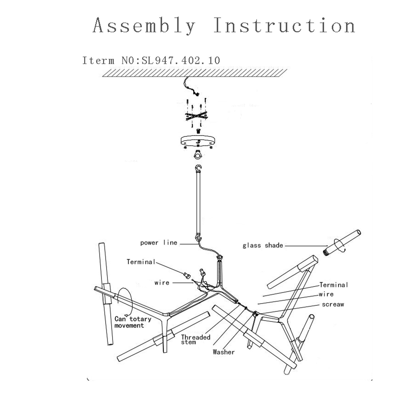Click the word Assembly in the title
pyautogui.click(x=144, y=26)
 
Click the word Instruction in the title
pyautogui.click(x=284, y=26)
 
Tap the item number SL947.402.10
pyautogui.click(x=181, y=60)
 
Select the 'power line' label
pyautogui.click(x=159, y=243)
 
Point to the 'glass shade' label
pyautogui.click(x=263, y=245)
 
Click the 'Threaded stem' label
pyautogui.click(x=195, y=339)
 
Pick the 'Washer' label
pyautogui.click(x=224, y=352)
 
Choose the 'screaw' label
pyautogui.click(x=333, y=304)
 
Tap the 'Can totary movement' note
pyautogui.click(x=133, y=322)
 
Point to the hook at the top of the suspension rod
pyautogui.click(x=198, y=168)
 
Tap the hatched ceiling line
pyautogui.click(x=195, y=73)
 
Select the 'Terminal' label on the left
pyautogui.click(x=141, y=262)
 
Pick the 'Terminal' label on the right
pyautogui.click(x=334, y=285)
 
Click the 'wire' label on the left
pyautogui.click(x=162, y=283)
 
